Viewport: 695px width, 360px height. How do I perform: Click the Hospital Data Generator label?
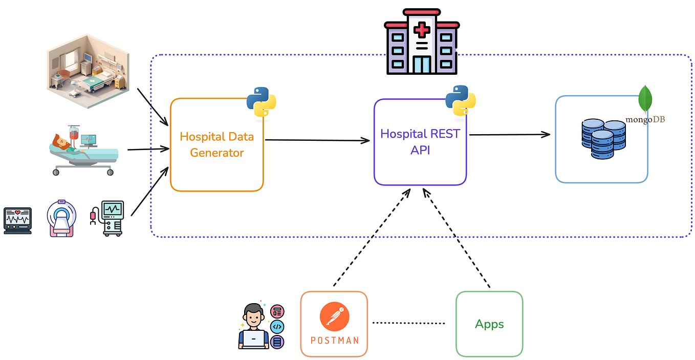pyautogui.click(x=216, y=145)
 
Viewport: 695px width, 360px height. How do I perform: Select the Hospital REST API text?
pyautogui.click(x=420, y=141)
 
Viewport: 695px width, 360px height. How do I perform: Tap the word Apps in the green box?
pyautogui.click(x=489, y=324)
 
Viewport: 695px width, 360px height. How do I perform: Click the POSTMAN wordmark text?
pyautogui.click(x=334, y=341)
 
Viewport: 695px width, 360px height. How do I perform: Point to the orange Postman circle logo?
pyautogui.click(x=334, y=317)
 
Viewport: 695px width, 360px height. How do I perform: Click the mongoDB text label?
pyautogui.click(x=645, y=120)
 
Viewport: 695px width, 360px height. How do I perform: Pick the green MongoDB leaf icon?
pyautogui.click(x=645, y=98)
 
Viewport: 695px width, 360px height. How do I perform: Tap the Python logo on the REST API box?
pyautogui.click(x=461, y=100)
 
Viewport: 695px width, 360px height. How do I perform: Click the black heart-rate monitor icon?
pyautogui.click(x=17, y=221)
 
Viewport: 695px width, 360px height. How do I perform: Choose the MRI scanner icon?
pyautogui.click(x=61, y=219)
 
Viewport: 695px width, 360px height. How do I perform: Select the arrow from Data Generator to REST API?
pyautogui.click(x=317, y=140)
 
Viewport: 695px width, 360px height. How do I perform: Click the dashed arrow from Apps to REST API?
pyautogui.click(x=457, y=238)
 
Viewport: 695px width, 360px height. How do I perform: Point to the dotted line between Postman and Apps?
pyautogui.click(x=408, y=323)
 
